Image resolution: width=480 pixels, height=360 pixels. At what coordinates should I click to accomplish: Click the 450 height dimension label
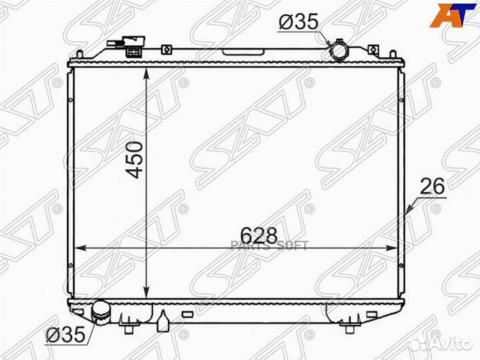135,159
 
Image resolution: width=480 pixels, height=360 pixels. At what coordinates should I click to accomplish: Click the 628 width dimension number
259,236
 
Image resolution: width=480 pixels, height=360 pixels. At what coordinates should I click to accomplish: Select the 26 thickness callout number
432,187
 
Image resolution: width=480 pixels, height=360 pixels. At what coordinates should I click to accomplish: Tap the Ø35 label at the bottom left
65,334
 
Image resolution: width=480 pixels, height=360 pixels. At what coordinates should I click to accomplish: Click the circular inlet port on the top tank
339,51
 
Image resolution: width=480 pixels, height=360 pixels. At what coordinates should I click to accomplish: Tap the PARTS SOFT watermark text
269,246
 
